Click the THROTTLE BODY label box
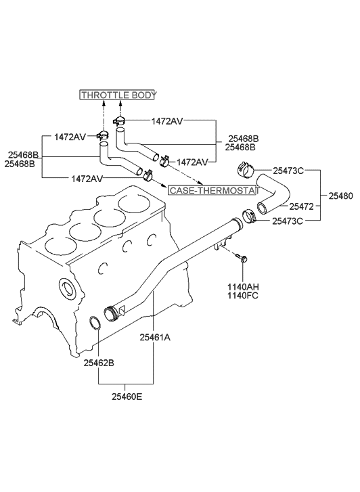point(118,95)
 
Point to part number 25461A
point(156,336)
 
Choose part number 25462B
point(99,363)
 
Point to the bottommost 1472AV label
point(87,178)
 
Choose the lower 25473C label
point(288,221)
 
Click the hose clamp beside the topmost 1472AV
point(120,122)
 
